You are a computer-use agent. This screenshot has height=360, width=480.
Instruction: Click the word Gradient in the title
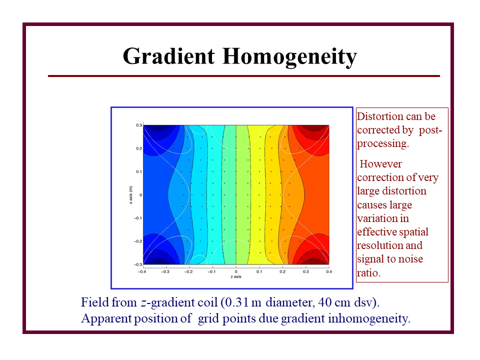168,56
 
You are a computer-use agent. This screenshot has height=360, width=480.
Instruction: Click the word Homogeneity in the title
289,57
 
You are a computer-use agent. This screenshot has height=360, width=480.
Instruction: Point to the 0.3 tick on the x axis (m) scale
139,125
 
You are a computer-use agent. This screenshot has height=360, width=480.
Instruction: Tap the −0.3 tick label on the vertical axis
138,264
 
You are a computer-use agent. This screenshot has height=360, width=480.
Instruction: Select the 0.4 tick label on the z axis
329,271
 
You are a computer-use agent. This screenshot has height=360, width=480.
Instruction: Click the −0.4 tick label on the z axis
141,271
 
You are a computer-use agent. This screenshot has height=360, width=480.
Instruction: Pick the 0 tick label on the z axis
236,271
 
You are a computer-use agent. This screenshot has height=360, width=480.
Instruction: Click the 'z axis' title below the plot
236,276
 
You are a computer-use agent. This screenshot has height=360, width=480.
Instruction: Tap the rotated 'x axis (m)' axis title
131,195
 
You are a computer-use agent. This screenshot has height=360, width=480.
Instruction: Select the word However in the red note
380,164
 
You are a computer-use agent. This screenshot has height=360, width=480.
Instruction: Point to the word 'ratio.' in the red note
368,273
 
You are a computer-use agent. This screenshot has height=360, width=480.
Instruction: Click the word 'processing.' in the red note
383,144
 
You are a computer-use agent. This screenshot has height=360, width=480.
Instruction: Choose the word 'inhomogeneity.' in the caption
369,318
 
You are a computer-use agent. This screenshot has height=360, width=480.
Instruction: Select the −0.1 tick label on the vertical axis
138,218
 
